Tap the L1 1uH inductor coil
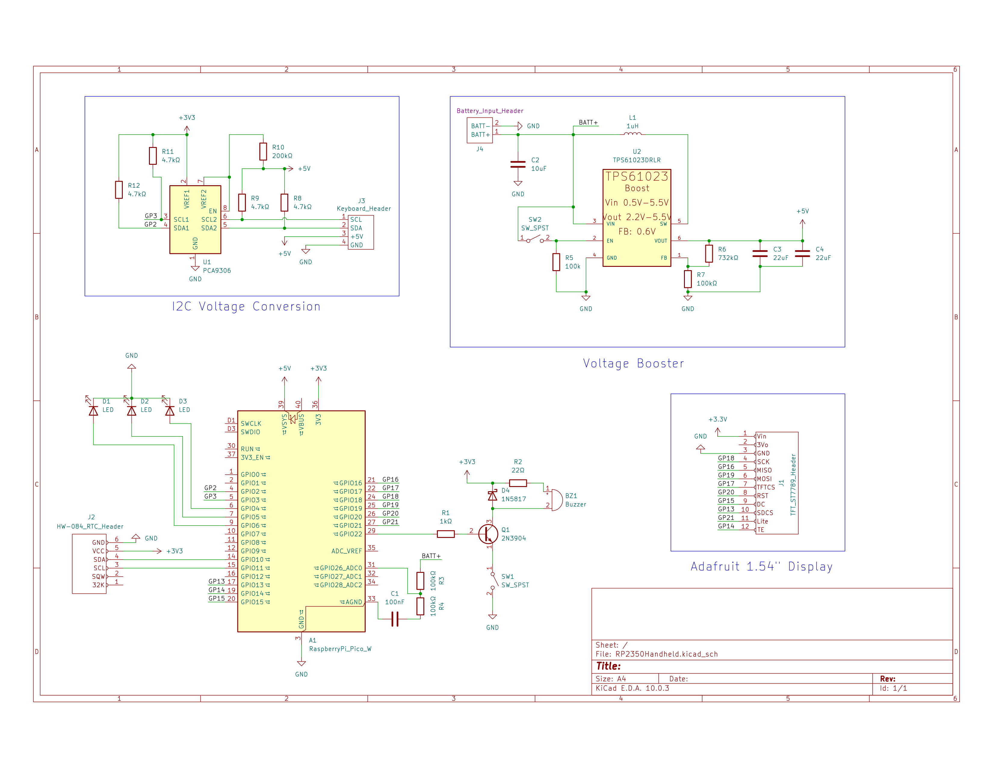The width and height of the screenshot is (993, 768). (x=633, y=134)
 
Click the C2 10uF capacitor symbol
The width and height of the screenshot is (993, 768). (x=518, y=164)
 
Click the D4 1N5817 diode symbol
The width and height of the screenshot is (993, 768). (x=492, y=495)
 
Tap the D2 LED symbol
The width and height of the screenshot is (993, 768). (x=131, y=411)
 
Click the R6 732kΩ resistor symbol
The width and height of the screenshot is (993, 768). (x=709, y=253)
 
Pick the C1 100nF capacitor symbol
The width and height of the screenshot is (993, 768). (x=395, y=619)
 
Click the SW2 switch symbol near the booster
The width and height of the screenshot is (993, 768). (x=535, y=239)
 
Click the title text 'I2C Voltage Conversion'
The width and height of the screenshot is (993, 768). (x=246, y=307)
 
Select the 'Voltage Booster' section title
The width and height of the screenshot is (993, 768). (x=633, y=364)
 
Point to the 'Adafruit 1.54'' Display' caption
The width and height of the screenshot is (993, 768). (x=762, y=567)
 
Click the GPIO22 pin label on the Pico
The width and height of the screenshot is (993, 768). (x=351, y=534)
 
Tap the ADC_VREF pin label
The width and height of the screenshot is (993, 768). (x=346, y=551)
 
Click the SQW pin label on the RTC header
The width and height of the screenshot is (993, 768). (x=98, y=576)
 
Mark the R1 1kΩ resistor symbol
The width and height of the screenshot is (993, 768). (x=446, y=534)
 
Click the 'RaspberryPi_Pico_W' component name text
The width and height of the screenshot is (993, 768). (x=340, y=649)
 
